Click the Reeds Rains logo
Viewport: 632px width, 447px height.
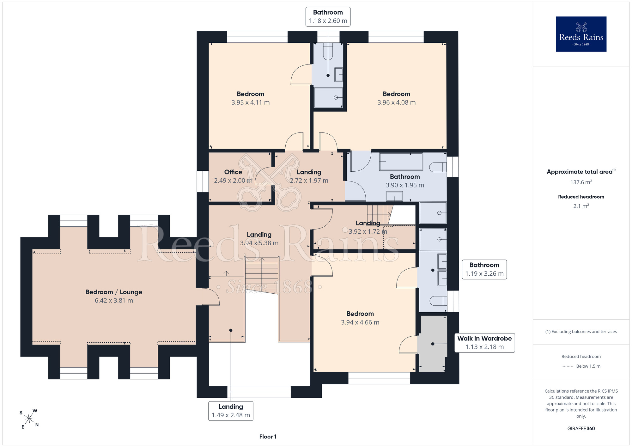coord(581,34)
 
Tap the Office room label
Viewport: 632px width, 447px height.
coord(233,172)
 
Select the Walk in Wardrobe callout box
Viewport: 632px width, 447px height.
coord(484,343)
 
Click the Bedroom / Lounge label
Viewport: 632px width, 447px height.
coord(114,292)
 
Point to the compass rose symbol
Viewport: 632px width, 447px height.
coord(29,419)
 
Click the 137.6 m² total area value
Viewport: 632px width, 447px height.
coord(581,182)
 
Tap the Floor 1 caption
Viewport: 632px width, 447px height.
coord(268,437)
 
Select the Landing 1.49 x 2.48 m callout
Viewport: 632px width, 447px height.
coord(231,411)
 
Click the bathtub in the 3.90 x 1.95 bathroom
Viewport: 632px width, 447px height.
coord(401,162)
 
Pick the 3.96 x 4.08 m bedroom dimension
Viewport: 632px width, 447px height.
coord(397,102)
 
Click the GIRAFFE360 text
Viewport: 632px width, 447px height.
coord(581,429)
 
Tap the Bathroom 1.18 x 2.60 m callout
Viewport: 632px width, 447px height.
coord(328,16)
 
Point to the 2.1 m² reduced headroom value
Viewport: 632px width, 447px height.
coord(581,206)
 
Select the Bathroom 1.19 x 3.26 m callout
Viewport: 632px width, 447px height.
coord(484,269)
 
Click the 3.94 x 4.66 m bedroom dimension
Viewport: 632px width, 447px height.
coord(360,322)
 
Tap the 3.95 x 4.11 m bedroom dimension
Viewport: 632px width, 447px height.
coord(251,102)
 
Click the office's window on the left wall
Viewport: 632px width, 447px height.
coord(203,181)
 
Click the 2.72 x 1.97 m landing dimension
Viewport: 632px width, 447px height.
coord(309,181)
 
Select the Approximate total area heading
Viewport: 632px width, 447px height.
coord(581,172)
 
